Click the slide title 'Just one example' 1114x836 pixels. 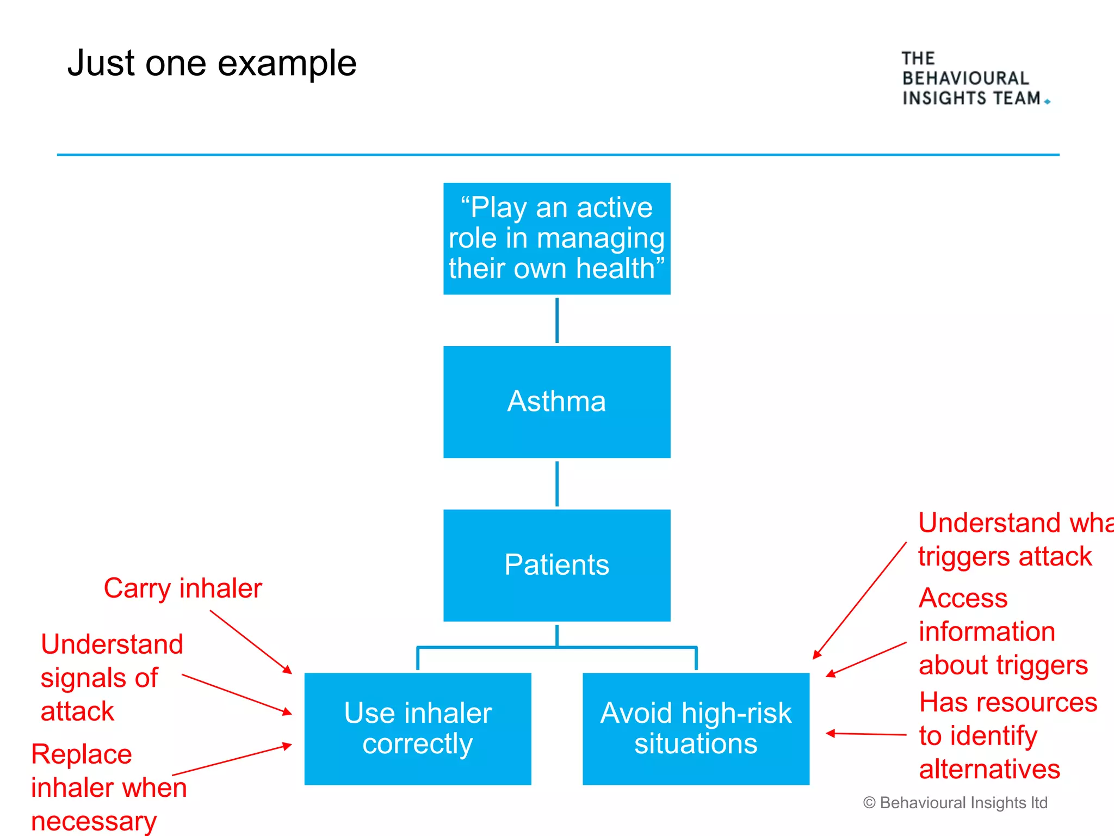tap(212, 63)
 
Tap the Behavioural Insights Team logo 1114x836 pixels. tap(974, 78)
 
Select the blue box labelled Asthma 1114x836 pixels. tap(556, 402)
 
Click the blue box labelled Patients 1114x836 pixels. tap(556, 565)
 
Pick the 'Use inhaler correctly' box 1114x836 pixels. tap(417, 728)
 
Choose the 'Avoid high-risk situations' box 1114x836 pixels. tap(696, 728)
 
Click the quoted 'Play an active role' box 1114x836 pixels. tap(556, 238)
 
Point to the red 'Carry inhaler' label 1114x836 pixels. tap(183, 588)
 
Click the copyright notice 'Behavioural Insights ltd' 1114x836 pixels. tap(956, 803)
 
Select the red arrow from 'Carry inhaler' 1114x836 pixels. tap(250, 641)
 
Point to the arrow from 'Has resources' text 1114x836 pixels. tap(866, 734)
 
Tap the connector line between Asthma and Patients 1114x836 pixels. tap(556, 484)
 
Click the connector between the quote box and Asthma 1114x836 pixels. tap(556, 320)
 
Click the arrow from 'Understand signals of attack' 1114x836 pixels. tap(237, 694)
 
